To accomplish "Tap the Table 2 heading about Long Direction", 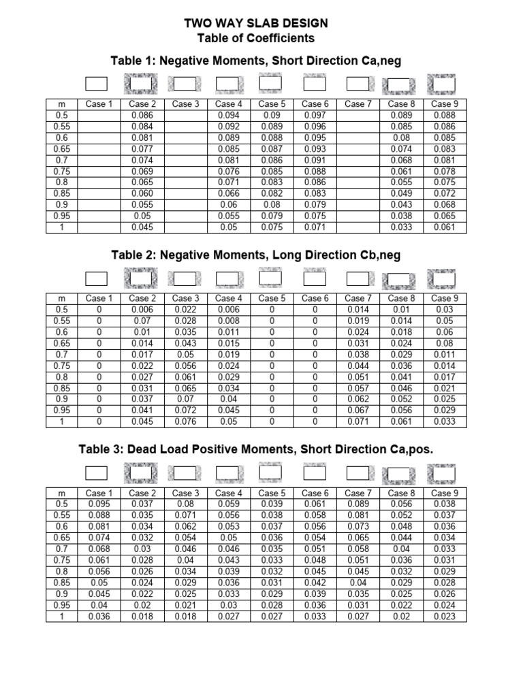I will tap(255, 255).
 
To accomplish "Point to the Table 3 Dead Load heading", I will tap(255, 449).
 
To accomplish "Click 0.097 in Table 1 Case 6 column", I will tap(315, 116).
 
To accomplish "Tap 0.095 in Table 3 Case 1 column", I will tap(96, 504).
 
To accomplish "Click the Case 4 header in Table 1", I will tap(228, 104).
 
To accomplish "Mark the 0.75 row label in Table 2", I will tap(62, 366).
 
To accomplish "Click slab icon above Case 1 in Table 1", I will tap(96, 84).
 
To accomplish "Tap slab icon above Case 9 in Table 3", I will tap(441, 472).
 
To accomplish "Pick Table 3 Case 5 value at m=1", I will tap(271, 616).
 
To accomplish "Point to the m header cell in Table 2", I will tap(62, 298).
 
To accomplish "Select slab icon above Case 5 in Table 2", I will tap(271, 278).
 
